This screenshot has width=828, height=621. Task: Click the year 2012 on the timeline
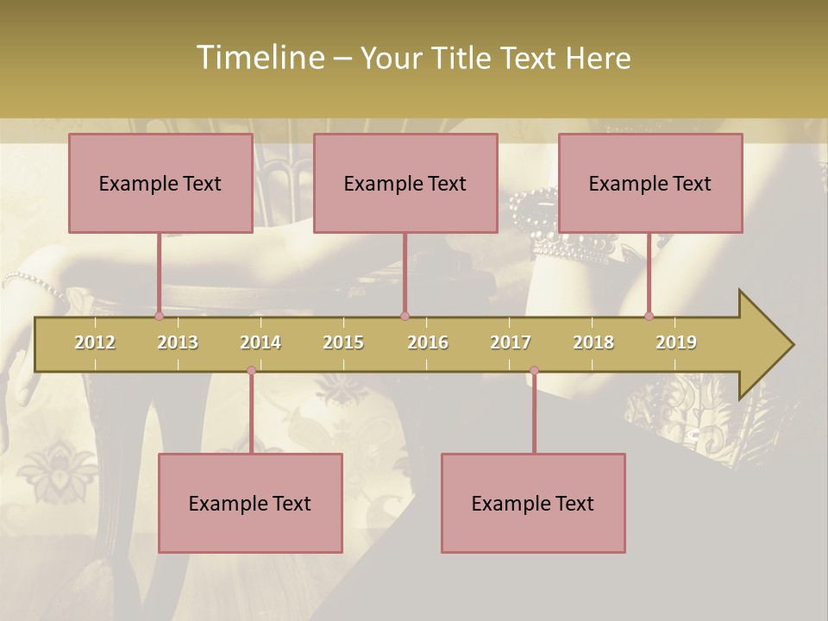coord(95,342)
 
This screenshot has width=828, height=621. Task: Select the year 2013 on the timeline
coord(178,342)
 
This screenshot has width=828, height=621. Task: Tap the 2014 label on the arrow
coord(260,342)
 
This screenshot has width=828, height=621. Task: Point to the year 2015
coord(343,342)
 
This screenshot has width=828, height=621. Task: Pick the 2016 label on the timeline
coord(428,342)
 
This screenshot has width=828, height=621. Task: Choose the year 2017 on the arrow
coord(511,342)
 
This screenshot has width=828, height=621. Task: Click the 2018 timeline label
coord(593,342)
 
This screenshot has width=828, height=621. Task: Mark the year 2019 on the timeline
coord(676,342)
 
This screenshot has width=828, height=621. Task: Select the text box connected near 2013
coord(160,183)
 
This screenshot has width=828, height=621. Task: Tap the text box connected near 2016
coord(405,183)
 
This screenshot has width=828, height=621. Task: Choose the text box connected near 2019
coord(650,183)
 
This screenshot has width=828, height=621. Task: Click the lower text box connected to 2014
coord(250,503)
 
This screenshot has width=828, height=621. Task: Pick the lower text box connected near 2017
coord(533,503)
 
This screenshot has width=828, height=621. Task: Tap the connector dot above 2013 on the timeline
coord(159,316)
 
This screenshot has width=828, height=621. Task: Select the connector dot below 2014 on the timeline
coord(251,371)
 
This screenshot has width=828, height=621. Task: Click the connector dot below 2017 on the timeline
coord(534,371)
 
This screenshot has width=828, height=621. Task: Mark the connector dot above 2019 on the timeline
coord(649,316)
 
